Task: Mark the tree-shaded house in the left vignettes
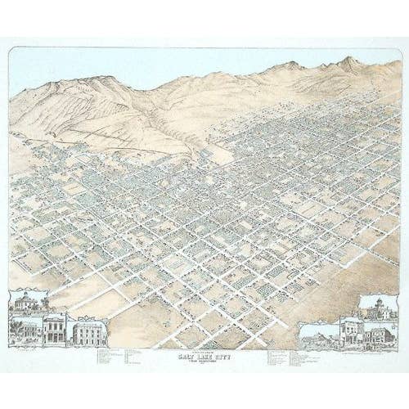[x=27, y=328]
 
